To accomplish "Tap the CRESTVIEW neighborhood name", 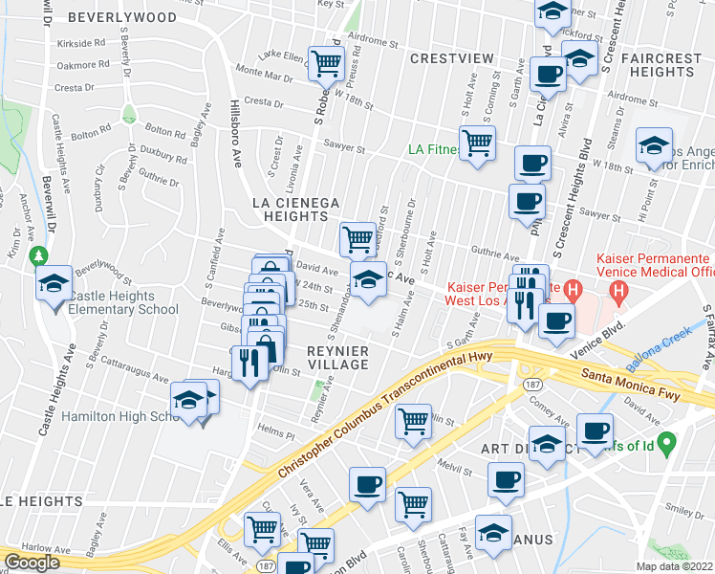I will click(452, 58).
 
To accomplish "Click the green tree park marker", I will click(38, 256).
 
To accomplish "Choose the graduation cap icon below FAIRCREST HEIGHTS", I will click(654, 147).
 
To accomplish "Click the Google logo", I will click(32, 563).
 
